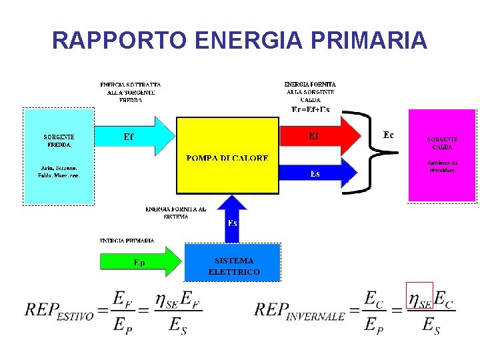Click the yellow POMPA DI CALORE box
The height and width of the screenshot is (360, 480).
tap(227, 155)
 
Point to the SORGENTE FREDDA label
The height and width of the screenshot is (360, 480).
tap(59, 140)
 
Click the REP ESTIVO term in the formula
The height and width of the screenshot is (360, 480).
tap(59, 311)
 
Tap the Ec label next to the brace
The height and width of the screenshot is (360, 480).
tap(388, 135)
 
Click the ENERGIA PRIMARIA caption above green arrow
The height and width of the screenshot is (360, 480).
tap(127, 240)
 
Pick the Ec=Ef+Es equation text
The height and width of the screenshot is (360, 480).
tap(311, 109)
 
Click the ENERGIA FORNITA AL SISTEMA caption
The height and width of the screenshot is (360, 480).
tap(176, 212)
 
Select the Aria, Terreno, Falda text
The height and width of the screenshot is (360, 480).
tap(58, 171)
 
